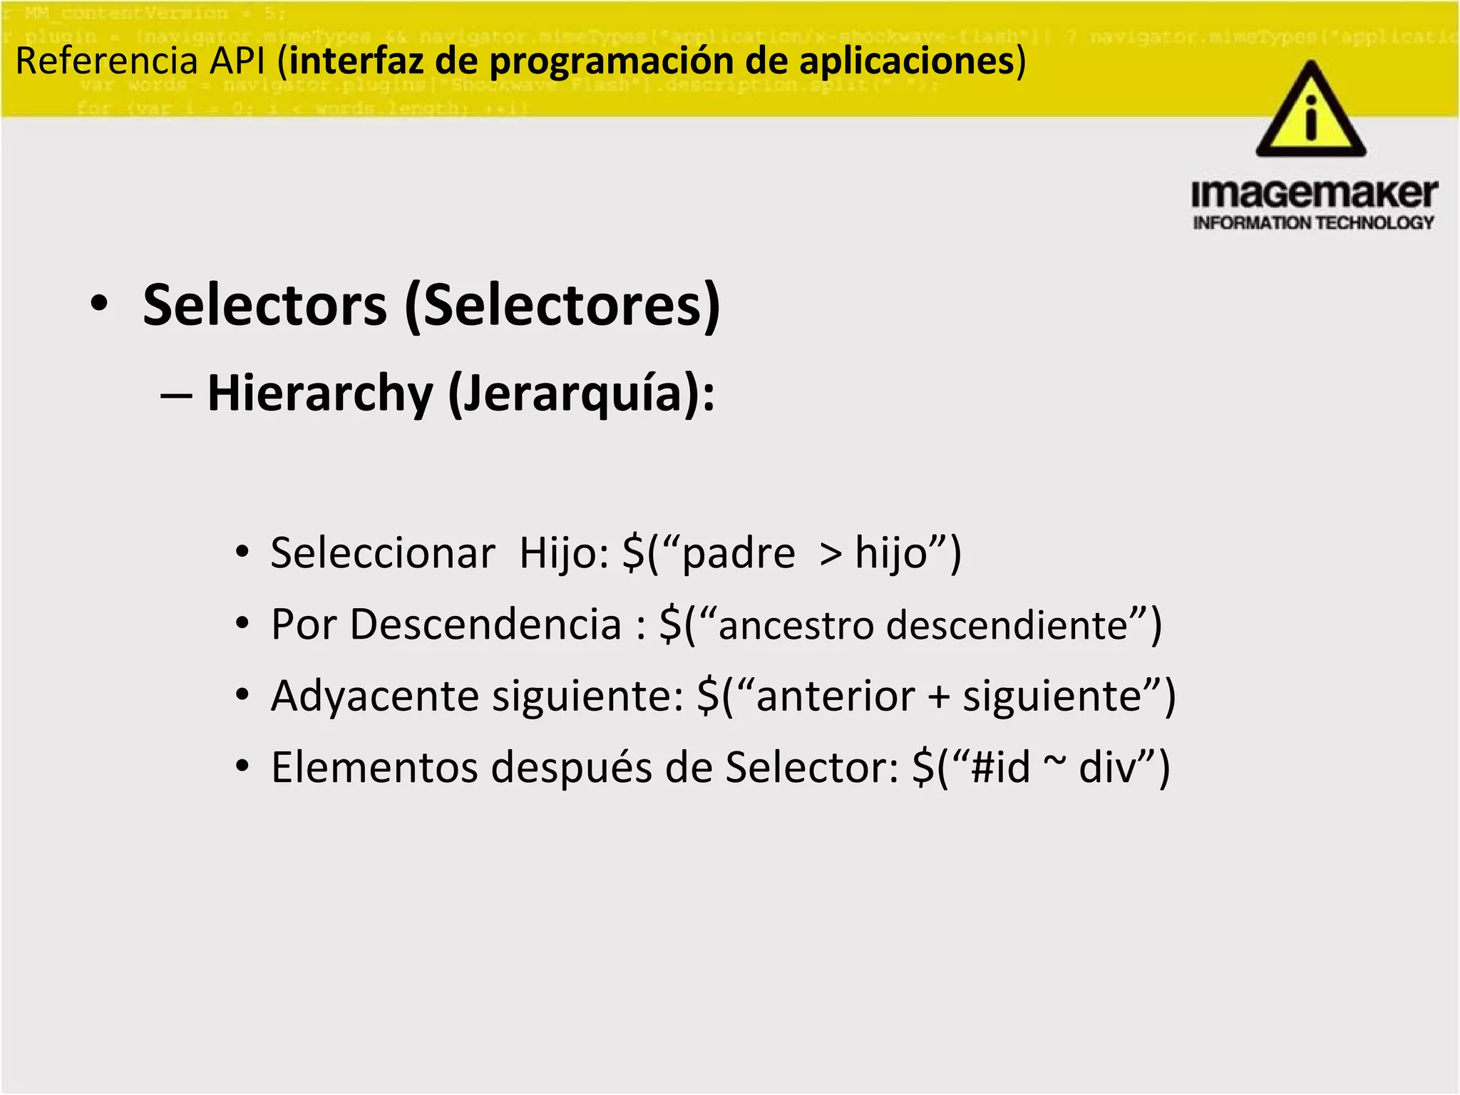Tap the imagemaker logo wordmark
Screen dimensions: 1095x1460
1314,194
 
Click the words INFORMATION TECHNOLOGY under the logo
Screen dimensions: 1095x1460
1313,223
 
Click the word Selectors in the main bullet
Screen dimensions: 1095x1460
264,306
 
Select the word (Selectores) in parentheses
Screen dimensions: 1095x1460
562,306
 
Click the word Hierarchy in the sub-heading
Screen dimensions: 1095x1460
319,394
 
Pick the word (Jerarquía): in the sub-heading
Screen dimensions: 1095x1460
581,394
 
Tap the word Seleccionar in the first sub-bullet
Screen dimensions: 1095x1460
382,553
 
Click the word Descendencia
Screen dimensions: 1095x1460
485,624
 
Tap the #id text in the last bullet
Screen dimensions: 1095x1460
1001,767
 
